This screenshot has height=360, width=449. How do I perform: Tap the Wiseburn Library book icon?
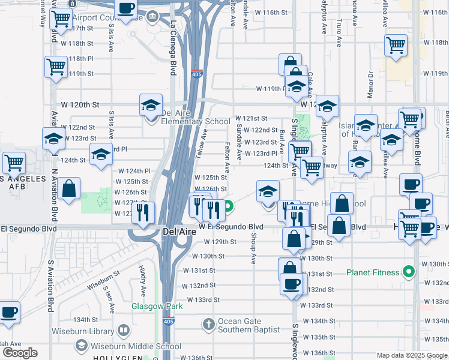124,331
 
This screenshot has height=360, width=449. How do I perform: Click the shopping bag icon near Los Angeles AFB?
70,189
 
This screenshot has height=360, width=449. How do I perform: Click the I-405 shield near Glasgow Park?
170,322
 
